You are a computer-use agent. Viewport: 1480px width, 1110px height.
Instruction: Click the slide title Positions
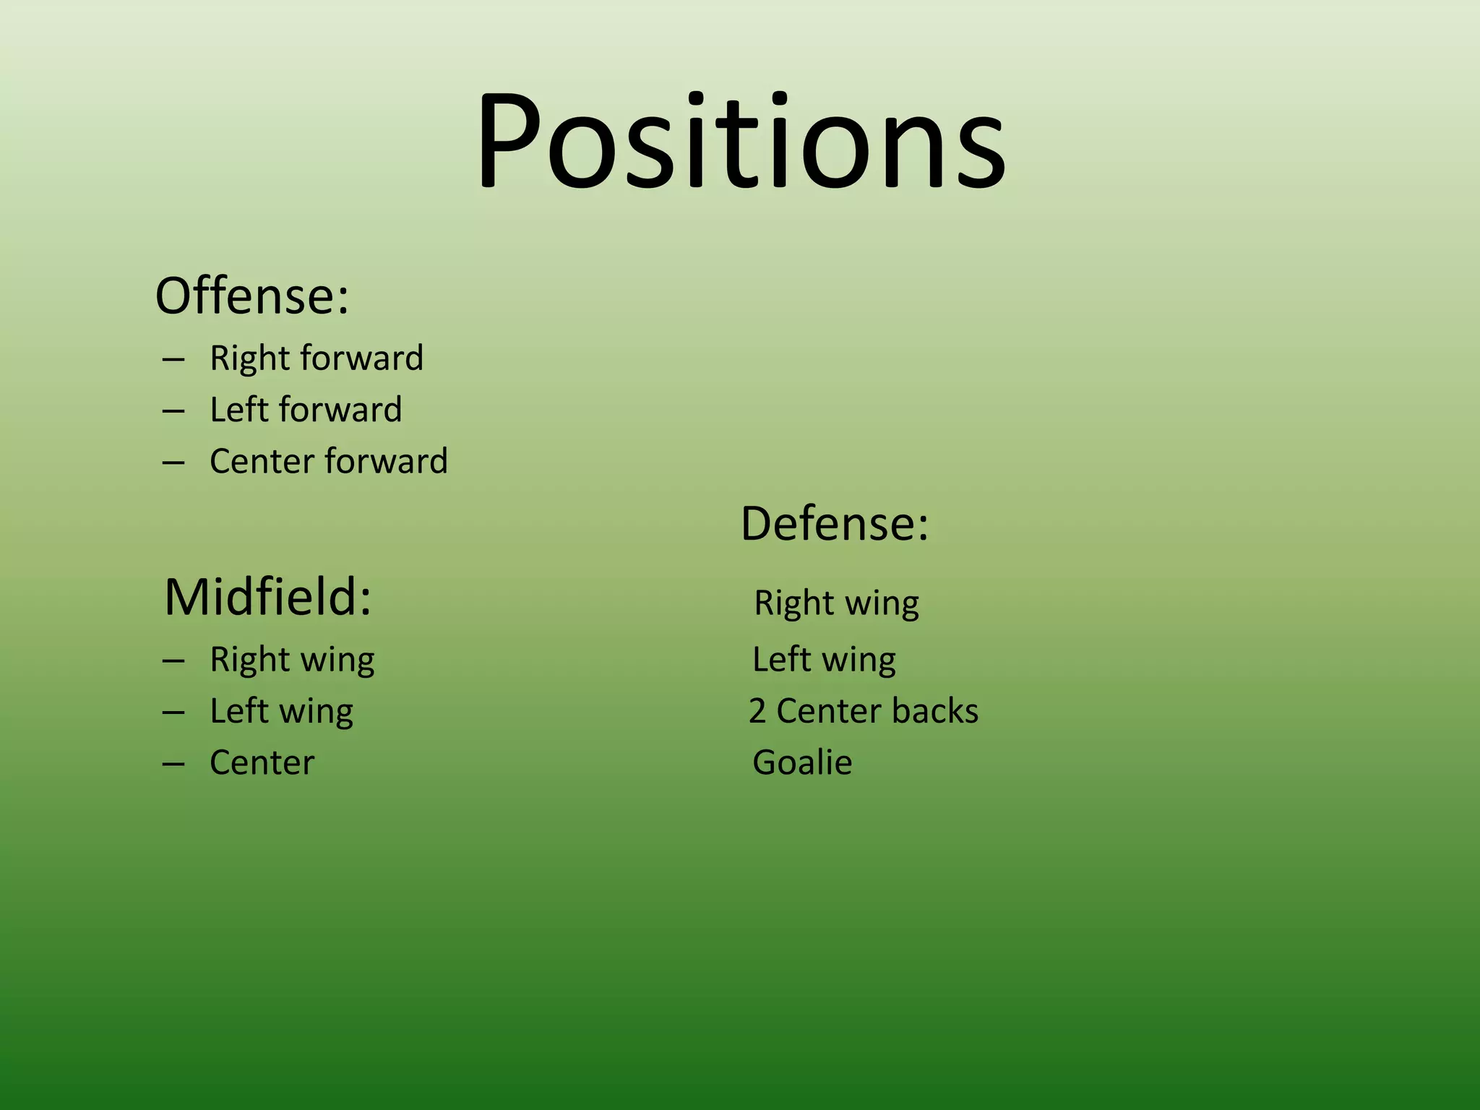pyautogui.click(x=740, y=141)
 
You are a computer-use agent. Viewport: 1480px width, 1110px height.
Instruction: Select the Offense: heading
pyautogui.click(x=252, y=296)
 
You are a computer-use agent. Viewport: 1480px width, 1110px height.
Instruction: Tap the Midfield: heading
pyautogui.click(x=268, y=598)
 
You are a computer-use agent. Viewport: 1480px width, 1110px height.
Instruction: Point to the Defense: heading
pyautogui.click(x=835, y=523)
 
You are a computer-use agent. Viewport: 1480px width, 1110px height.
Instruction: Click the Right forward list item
pyautogui.click(x=317, y=358)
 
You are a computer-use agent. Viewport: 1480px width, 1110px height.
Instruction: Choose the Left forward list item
pyautogui.click(x=306, y=410)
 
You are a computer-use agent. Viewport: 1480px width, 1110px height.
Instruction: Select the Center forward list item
pyautogui.click(x=329, y=461)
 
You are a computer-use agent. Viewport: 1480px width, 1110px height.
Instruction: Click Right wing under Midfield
pyautogui.click(x=292, y=660)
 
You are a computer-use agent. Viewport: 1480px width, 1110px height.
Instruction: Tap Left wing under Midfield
pyautogui.click(x=281, y=711)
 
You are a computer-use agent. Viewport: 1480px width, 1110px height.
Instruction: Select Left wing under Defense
pyautogui.click(x=824, y=660)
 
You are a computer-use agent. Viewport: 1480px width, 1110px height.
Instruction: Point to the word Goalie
pyautogui.click(x=802, y=762)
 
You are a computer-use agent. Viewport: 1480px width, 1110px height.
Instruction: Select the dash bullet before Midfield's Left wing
pyautogui.click(x=173, y=713)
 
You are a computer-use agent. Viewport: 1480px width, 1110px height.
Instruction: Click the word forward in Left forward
pyautogui.click(x=340, y=410)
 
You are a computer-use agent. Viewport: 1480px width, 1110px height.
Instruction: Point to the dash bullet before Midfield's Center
pyautogui.click(x=173, y=764)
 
